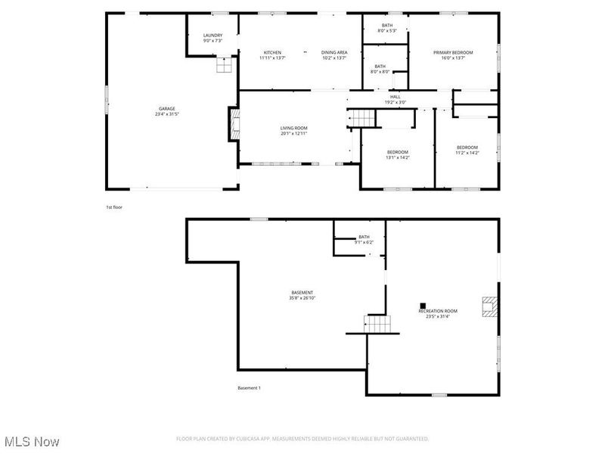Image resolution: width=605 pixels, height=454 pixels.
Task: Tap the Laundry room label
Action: point(213,38)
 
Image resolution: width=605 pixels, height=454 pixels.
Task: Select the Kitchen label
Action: point(272,55)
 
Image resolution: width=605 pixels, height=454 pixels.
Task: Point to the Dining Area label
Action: point(334,55)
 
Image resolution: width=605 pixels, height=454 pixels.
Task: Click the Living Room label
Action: point(293,131)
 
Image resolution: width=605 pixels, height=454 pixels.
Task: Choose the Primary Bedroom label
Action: point(453,55)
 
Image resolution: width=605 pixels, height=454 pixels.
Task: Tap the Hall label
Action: point(395,99)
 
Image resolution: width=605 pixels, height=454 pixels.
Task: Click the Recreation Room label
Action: point(439,313)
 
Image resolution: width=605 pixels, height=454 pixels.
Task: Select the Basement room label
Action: point(302,295)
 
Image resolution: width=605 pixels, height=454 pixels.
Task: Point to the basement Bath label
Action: point(364,239)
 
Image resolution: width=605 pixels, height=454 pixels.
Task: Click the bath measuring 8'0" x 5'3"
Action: point(387,28)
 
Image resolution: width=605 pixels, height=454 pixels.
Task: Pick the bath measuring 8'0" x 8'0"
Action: point(380,69)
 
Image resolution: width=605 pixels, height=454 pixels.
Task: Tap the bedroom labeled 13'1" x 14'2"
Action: point(397,154)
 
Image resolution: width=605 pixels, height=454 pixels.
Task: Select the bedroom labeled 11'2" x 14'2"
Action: point(467,150)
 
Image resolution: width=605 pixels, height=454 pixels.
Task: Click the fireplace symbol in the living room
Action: point(234,124)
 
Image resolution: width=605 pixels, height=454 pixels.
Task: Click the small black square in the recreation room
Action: point(422,306)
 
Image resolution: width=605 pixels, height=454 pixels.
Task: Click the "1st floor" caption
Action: point(113,207)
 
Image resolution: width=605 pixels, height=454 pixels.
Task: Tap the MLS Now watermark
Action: point(32,441)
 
